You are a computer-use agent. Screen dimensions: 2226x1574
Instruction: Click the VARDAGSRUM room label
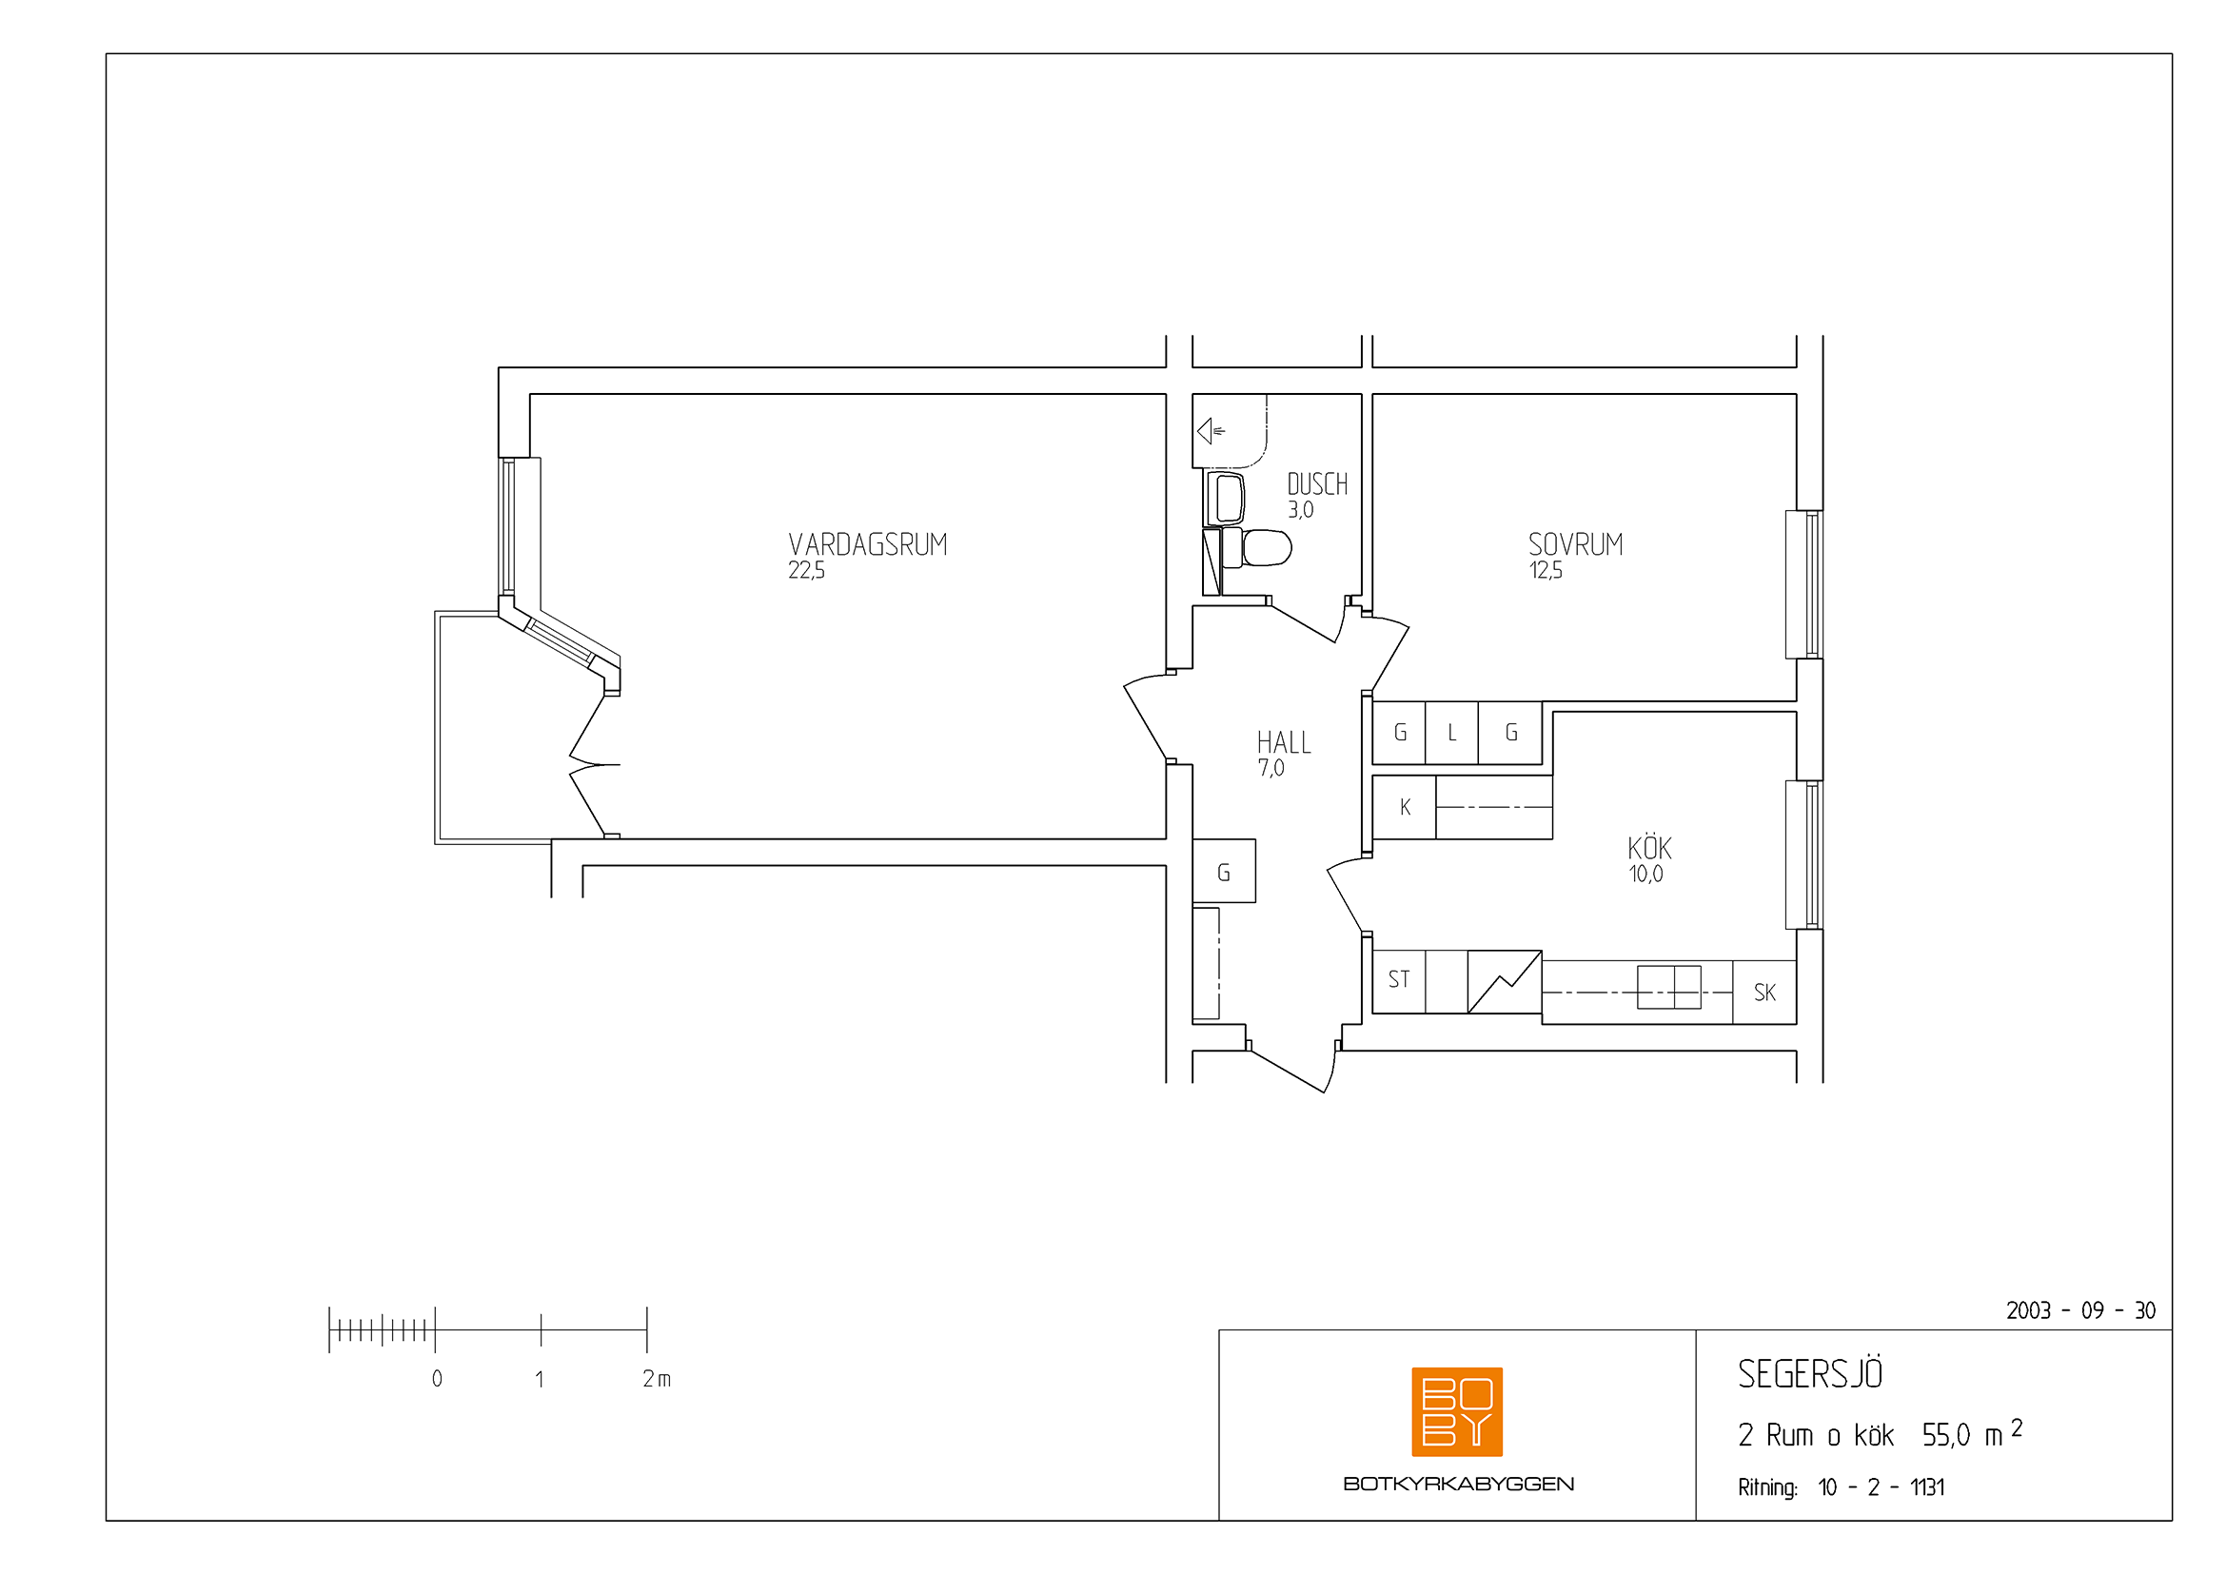click(868, 544)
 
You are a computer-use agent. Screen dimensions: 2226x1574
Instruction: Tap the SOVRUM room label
click(1575, 544)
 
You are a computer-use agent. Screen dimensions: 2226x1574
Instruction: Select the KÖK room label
click(1649, 847)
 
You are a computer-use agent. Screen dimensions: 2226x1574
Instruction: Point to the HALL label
click(1284, 743)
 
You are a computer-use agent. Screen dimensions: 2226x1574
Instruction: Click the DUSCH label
click(1316, 484)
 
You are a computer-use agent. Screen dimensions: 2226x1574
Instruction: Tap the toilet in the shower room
click(1256, 547)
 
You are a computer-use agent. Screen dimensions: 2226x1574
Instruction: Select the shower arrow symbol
click(1211, 430)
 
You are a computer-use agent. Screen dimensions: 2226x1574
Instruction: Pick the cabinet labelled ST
click(1399, 981)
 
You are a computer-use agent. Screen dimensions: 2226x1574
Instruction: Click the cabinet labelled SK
click(1764, 993)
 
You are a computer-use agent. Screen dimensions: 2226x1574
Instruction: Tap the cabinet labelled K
click(1405, 807)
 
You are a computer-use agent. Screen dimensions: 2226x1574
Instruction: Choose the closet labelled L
click(1451, 733)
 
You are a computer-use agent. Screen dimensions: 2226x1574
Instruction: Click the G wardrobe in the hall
click(1224, 872)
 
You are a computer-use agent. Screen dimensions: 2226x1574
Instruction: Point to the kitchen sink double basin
click(1668, 988)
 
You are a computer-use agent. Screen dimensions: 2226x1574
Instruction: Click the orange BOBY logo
click(1456, 1411)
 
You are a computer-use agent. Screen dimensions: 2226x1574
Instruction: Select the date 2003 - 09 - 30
click(2080, 1311)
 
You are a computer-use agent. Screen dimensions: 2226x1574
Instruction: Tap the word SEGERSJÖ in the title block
click(1809, 1374)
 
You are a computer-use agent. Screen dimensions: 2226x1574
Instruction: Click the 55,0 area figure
click(1946, 1435)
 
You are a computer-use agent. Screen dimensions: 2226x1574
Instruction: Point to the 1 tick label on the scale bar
click(539, 1379)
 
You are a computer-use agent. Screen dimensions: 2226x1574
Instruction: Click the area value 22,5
click(806, 571)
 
